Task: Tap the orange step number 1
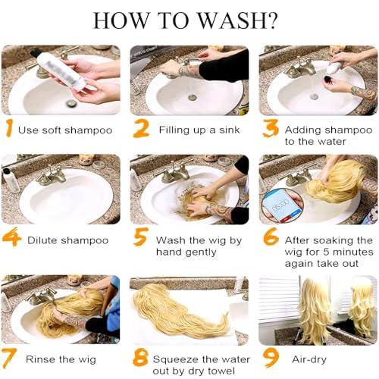pyautogui.click(x=9, y=128)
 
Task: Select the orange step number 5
pyautogui.click(x=140, y=236)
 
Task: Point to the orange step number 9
pyautogui.click(x=271, y=358)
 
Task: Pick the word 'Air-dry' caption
pyautogui.click(x=309, y=359)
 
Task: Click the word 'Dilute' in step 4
pyautogui.click(x=42, y=240)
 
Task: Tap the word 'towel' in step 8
pyautogui.click(x=221, y=371)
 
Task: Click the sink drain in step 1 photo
pyautogui.click(x=70, y=102)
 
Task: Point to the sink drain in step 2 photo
pyautogui.click(x=193, y=96)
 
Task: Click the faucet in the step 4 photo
pyautogui.click(x=52, y=176)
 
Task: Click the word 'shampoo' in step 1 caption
pyautogui.click(x=88, y=130)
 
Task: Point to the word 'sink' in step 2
pyautogui.click(x=229, y=130)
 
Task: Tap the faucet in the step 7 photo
pyautogui.click(x=42, y=296)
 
